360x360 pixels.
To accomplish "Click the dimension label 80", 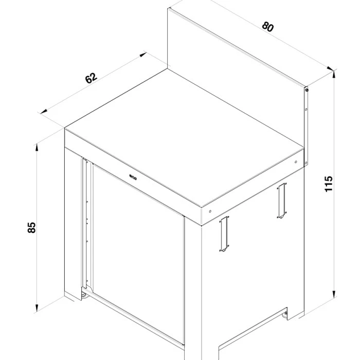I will point(267,26).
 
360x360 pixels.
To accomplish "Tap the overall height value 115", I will point(329,184).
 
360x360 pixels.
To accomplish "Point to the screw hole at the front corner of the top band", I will point(211,210).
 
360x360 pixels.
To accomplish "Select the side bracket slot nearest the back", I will point(281,201).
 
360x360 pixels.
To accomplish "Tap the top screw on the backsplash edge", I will point(307,90).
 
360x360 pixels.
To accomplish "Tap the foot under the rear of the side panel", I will point(286,312).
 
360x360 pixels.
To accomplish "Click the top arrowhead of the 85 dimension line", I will point(37,147).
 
